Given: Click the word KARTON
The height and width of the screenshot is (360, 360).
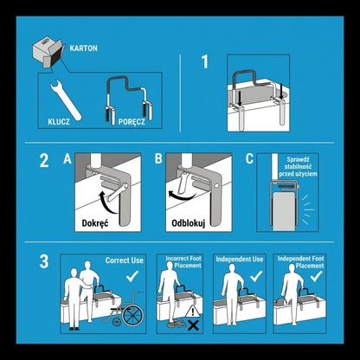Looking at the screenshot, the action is (83, 48).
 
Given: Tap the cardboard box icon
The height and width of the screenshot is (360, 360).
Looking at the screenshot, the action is (48, 52).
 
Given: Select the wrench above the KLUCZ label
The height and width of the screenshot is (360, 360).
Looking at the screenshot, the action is (65, 100).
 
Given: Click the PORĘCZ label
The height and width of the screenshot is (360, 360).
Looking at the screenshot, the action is (132, 122).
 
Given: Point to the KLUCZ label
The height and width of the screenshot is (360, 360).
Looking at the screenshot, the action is (59, 122).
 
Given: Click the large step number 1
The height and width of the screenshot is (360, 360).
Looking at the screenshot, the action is (205, 61).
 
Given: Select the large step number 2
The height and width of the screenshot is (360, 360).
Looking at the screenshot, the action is (44, 160).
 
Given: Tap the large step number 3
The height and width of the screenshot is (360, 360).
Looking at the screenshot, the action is (44, 261).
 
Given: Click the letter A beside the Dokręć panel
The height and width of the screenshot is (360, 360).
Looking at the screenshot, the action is (67, 158).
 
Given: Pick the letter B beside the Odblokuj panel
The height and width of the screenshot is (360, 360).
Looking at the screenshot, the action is (158, 158).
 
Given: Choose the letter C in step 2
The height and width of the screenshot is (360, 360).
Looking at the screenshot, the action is (249, 158).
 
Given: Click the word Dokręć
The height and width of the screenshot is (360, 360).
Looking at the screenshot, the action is (95, 223).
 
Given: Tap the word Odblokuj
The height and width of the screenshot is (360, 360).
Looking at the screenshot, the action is (188, 223).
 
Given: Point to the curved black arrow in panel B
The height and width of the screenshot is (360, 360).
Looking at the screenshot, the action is (182, 197).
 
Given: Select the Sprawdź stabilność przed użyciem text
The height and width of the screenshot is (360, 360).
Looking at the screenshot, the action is (298, 167).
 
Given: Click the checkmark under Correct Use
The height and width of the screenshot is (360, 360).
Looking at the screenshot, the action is (132, 276).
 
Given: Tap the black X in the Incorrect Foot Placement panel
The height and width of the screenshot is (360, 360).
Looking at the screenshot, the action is (193, 325).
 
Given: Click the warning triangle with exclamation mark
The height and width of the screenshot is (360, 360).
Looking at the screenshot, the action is (192, 312).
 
